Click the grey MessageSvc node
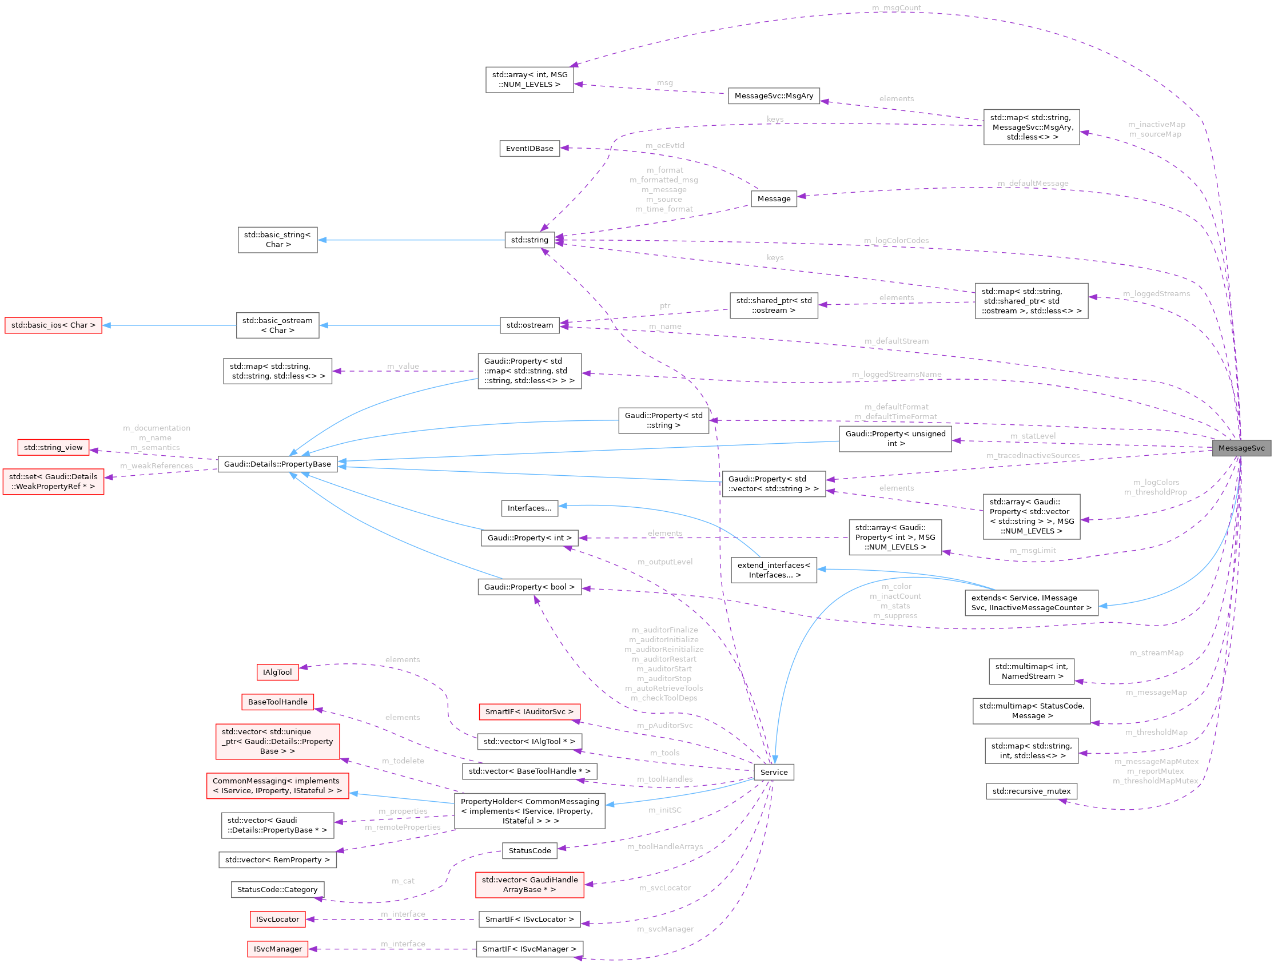point(1241,448)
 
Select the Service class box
point(774,772)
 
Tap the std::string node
point(529,240)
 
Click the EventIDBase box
point(529,149)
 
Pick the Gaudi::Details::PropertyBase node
point(277,464)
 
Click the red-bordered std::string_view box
point(53,448)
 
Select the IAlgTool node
point(277,672)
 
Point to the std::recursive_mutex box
point(1031,791)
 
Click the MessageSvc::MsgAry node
point(774,95)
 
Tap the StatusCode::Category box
point(277,889)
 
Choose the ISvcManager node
point(277,949)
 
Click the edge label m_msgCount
point(896,8)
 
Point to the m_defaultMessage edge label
point(1033,183)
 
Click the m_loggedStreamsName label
point(896,375)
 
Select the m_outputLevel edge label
point(664,562)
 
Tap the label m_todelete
point(403,761)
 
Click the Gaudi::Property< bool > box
point(529,587)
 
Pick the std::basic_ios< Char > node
point(53,325)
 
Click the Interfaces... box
point(529,508)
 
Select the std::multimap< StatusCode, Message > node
point(1031,711)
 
